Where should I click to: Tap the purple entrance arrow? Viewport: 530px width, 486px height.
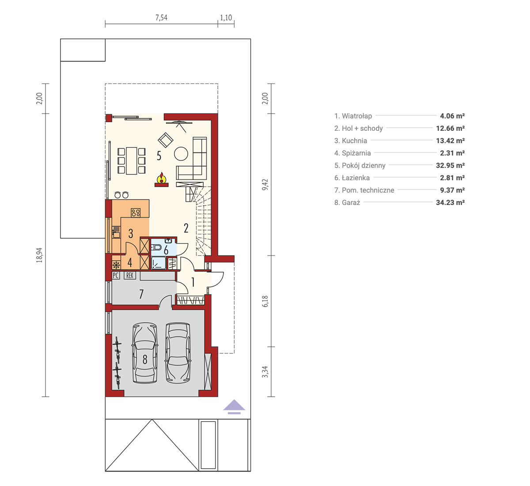[x=234, y=406]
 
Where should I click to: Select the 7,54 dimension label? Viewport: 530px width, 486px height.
[x=161, y=18]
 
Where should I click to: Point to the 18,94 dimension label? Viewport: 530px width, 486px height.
[x=39, y=255]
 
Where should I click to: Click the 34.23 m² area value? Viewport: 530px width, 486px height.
[x=450, y=202]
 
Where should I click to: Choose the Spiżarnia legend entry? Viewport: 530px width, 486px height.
[x=352, y=153]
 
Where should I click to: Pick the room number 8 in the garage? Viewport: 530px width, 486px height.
[x=145, y=359]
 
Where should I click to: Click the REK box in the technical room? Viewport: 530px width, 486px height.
[x=130, y=276]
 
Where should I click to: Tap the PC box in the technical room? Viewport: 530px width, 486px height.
[x=116, y=276]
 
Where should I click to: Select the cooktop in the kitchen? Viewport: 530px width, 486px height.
[x=136, y=213]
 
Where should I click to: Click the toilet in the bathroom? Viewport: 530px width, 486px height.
[x=156, y=247]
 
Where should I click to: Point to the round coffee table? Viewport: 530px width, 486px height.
[x=181, y=154]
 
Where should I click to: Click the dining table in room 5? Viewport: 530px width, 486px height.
[x=131, y=161]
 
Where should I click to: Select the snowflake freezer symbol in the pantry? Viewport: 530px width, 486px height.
[x=116, y=265]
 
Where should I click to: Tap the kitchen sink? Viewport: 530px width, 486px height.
[x=116, y=232]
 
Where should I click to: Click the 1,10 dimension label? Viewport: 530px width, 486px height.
[x=226, y=18]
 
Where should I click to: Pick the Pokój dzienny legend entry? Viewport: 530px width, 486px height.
[x=360, y=166]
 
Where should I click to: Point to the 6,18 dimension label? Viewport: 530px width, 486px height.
[x=265, y=301]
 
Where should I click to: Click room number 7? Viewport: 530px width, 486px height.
[x=141, y=294]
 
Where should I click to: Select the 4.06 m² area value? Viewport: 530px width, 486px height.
[x=452, y=116]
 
